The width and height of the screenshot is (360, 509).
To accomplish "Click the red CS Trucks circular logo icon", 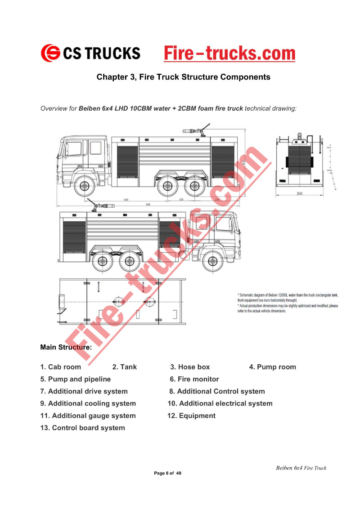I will click(x=50, y=53).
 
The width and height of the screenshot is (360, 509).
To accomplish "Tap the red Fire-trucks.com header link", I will click(x=229, y=54).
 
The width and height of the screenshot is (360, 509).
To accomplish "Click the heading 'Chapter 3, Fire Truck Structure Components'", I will click(x=183, y=77).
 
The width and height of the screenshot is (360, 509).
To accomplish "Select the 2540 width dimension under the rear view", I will click(x=299, y=194).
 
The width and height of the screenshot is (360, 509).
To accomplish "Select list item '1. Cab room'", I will click(x=61, y=367).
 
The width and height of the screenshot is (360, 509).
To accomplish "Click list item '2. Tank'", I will click(x=124, y=367).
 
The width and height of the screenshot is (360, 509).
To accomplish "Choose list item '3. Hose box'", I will click(x=189, y=367).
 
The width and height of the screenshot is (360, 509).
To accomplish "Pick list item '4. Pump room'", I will click(x=272, y=367).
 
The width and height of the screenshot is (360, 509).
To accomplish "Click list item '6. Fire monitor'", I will click(x=194, y=379).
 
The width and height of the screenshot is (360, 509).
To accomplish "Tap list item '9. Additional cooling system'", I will click(x=88, y=403).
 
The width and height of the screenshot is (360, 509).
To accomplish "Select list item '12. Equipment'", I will click(x=191, y=415).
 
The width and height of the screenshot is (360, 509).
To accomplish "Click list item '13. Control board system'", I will click(x=82, y=428).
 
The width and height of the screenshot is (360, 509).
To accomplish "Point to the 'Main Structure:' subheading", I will click(x=66, y=347).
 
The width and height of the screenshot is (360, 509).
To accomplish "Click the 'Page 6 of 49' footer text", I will click(x=167, y=473).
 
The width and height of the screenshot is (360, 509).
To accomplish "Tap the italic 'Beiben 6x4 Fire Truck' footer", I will click(x=301, y=468).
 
